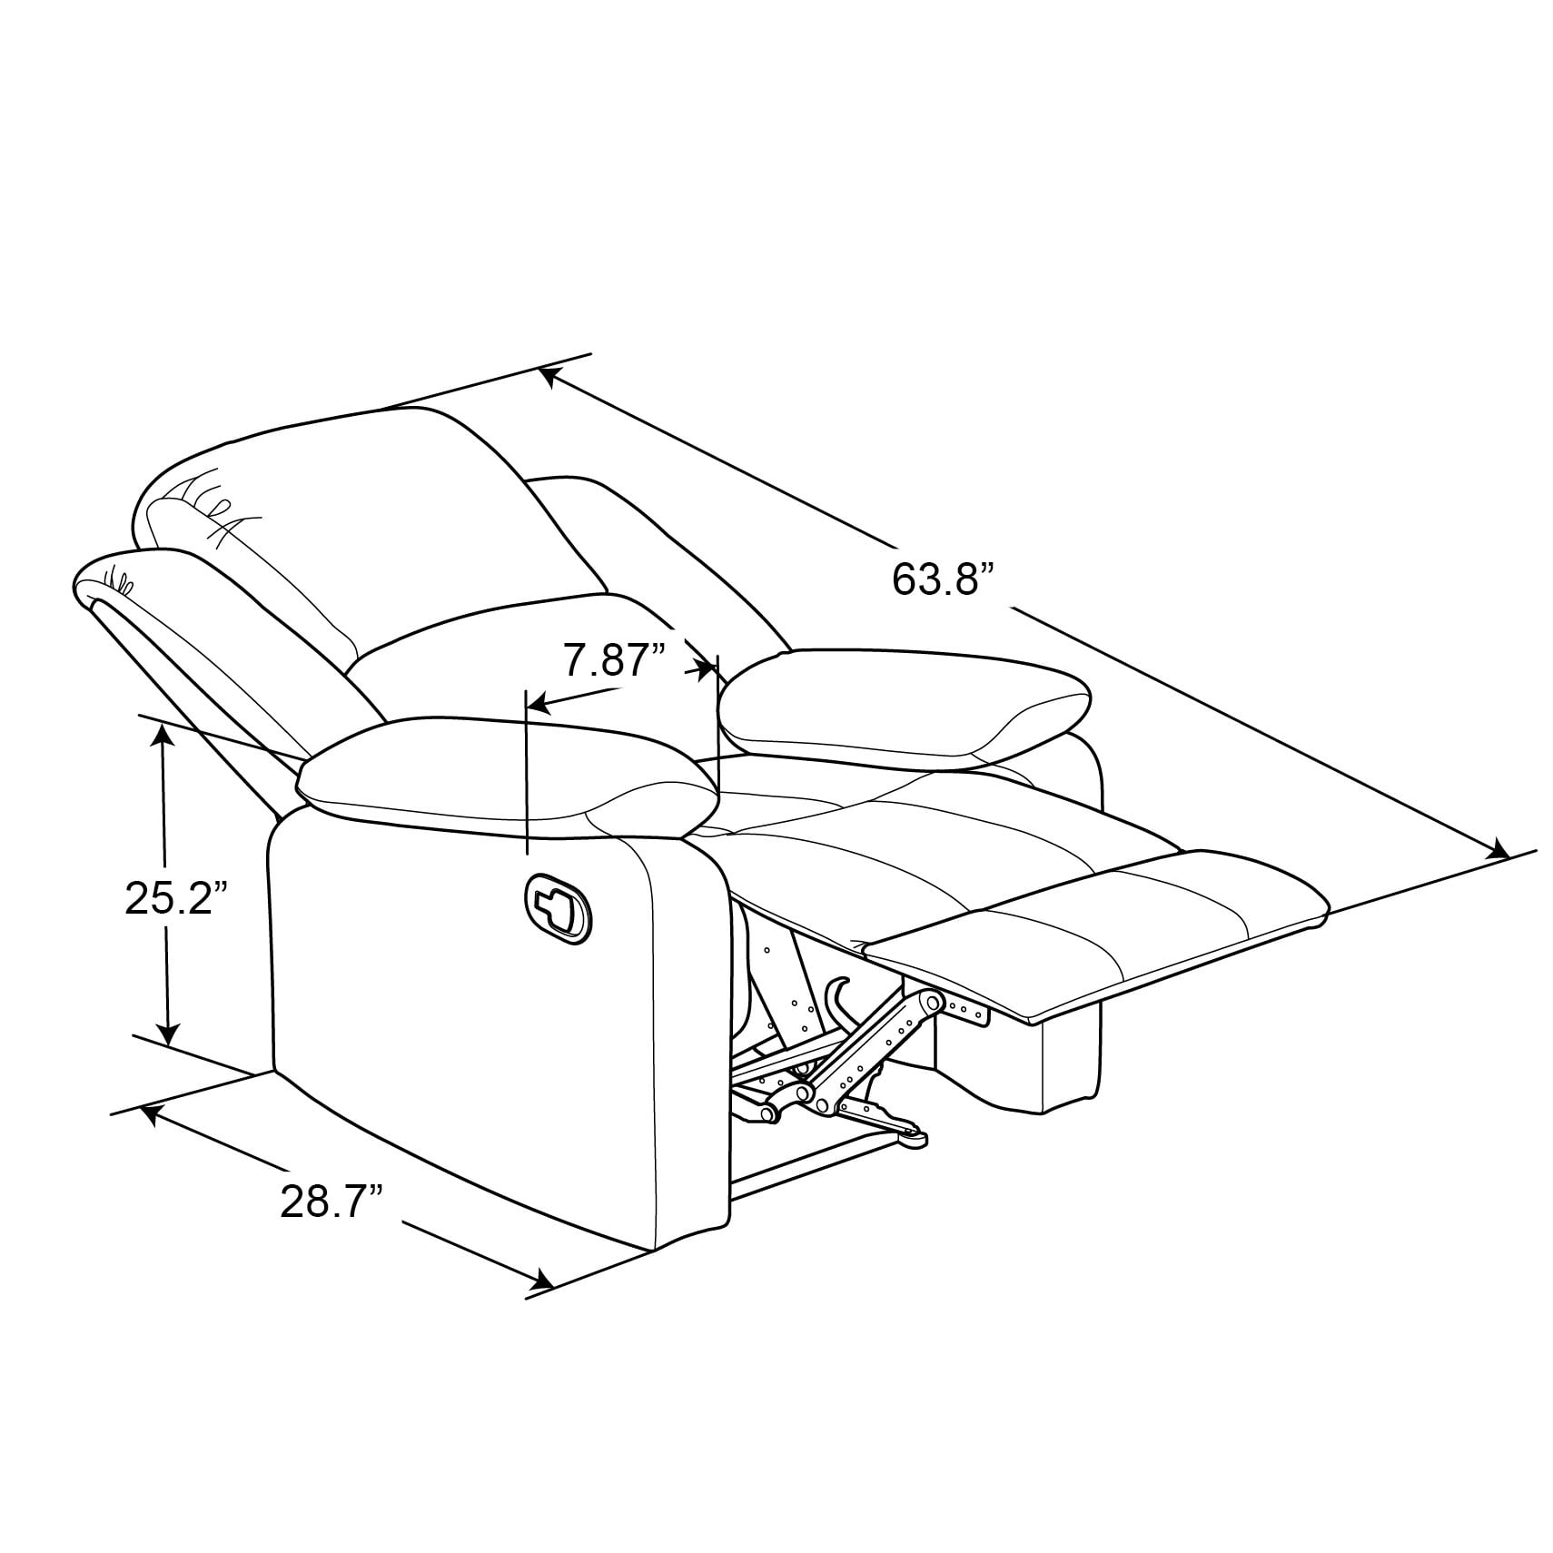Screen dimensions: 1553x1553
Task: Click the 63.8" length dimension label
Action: point(944,578)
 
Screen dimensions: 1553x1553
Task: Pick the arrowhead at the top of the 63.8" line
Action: point(549,376)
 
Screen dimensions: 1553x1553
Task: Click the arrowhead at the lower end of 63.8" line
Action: point(1495,850)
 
